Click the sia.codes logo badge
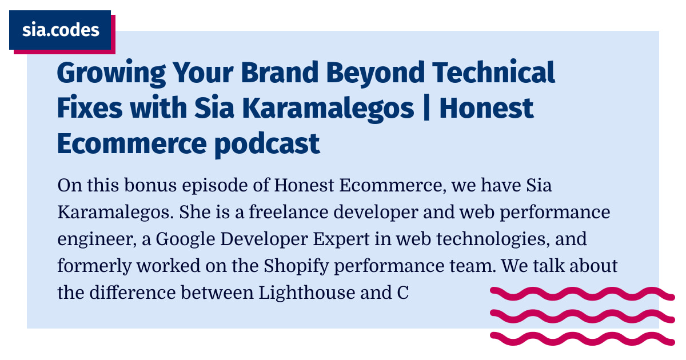coord(60,30)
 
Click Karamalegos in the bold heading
coord(334,108)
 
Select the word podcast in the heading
coord(267,144)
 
